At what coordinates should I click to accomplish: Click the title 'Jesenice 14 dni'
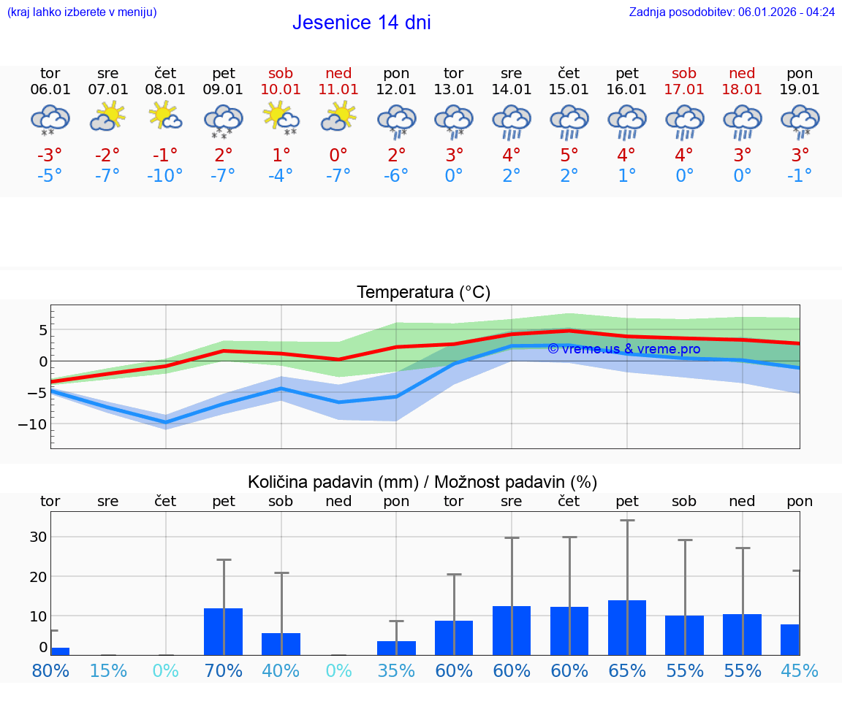tap(361, 23)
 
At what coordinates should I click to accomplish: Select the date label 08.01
tap(165, 90)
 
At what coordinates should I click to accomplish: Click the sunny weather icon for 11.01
tap(338, 117)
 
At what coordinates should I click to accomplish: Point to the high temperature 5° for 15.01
tap(569, 156)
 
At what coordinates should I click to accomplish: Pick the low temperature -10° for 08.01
tap(165, 176)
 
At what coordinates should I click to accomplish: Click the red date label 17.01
tap(684, 90)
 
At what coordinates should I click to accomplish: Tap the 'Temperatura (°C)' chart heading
tap(423, 293)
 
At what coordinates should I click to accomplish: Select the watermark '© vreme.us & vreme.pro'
tap(623, 349)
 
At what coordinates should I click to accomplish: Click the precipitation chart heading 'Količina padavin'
tap(422, 482)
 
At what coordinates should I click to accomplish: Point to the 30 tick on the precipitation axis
tap(38, 537)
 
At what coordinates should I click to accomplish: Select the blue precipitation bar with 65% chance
tap(627, 627)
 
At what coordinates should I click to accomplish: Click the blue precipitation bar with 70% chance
tap(224, 632)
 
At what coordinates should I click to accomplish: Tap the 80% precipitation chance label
tap(50, 671)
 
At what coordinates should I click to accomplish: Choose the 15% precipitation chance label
tap(108, 671)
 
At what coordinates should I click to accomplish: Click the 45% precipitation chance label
tap(800, 671)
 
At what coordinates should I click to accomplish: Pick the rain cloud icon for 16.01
tap(627, 121)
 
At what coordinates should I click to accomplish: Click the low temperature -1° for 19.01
tap(800, 176)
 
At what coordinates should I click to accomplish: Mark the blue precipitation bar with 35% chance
tap(396, 648)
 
